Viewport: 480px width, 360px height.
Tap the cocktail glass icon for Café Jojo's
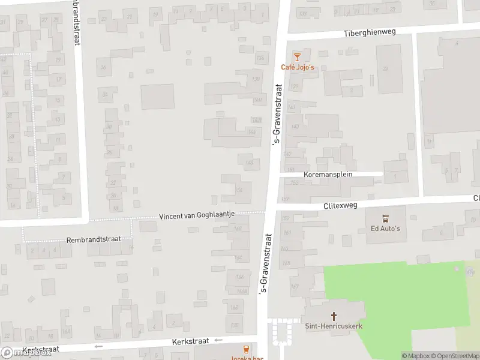(x=296, y=56)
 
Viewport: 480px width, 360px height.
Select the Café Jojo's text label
(x=298, y=67)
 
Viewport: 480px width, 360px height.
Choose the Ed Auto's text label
(x=385, y=228)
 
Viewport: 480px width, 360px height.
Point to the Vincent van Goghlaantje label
(x=197, y=215)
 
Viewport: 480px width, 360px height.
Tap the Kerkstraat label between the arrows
(x=190, y=341)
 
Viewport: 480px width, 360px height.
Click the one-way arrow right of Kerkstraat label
(x=218, y=340)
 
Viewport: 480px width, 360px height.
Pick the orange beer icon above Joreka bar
(x=246, y=349)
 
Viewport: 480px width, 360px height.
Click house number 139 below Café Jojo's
(x=294, y=86)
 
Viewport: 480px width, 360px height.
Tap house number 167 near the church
(x=294, y=287)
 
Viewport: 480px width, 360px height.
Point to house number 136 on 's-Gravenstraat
(x=260, y=58)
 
